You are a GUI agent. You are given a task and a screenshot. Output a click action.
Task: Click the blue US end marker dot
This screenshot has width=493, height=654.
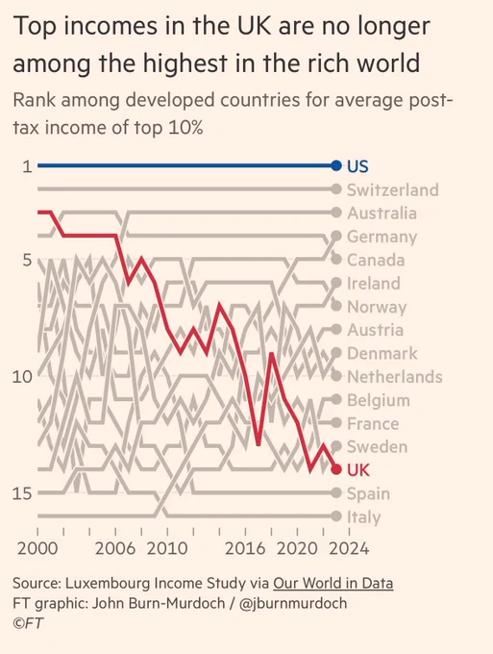click(x=336, y=165)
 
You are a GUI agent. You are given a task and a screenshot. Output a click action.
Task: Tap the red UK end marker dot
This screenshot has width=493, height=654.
click(x=336, y=469)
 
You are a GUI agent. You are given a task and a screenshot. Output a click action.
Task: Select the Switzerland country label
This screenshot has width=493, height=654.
click(x=392, y=189)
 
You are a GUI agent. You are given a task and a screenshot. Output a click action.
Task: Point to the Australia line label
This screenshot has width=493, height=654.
click(x=382, y=214)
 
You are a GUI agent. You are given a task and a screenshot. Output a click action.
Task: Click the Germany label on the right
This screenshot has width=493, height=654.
click(x=382, y=237)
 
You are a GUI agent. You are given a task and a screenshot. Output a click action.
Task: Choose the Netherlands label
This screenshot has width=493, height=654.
click(x=395, y=377)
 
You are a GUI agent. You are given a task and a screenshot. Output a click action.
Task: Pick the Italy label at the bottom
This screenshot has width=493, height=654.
click(x=364, y=517)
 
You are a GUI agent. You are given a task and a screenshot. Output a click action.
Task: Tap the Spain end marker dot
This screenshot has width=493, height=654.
click(x=336, y=493)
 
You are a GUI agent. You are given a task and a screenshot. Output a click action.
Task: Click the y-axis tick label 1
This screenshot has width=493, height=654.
click(x=27, y=166)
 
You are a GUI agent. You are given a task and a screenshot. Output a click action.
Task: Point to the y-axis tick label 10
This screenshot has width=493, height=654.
click(x=22, y=377)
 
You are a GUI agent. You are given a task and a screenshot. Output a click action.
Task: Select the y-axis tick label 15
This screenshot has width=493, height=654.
click(x=22, y=493)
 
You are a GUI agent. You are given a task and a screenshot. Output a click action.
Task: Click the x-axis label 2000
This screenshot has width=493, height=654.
click(x=37, y=548)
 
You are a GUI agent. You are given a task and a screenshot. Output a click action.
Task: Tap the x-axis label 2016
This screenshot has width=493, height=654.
click(x=245, y=548)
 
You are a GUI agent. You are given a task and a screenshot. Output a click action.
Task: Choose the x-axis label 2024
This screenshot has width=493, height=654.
click(x=349, y=548)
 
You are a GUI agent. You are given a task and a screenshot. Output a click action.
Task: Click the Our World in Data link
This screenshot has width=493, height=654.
click(x=333, y=583)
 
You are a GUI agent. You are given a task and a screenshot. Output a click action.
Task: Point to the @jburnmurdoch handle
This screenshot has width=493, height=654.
click(x=293, y=603)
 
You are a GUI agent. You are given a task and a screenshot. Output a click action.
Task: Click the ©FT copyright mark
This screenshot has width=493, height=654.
click(x=28, y=623)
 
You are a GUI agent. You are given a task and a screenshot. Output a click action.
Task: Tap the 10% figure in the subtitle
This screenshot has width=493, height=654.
click(x=185, y=128)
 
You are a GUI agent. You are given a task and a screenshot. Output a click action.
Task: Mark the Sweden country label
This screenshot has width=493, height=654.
click(x=377, y=446)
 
